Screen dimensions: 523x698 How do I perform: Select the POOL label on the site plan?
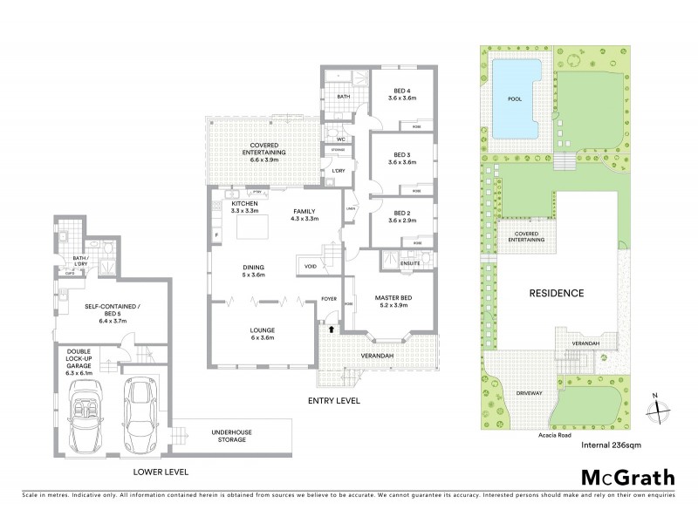pyautogui.click(x=514, y=99)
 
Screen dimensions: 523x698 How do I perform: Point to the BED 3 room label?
pyautogui.click(x=401, y=158)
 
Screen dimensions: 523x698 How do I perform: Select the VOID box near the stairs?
pyautogui.click(x=311, y=266)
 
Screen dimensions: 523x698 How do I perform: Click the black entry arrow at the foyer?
pyautogui.click(x=331, y=329)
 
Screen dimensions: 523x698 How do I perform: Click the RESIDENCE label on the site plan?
pyautogui.click(x=556, y=293)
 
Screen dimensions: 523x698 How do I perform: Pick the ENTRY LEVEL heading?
pyautogui.click(x=334, y=401)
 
